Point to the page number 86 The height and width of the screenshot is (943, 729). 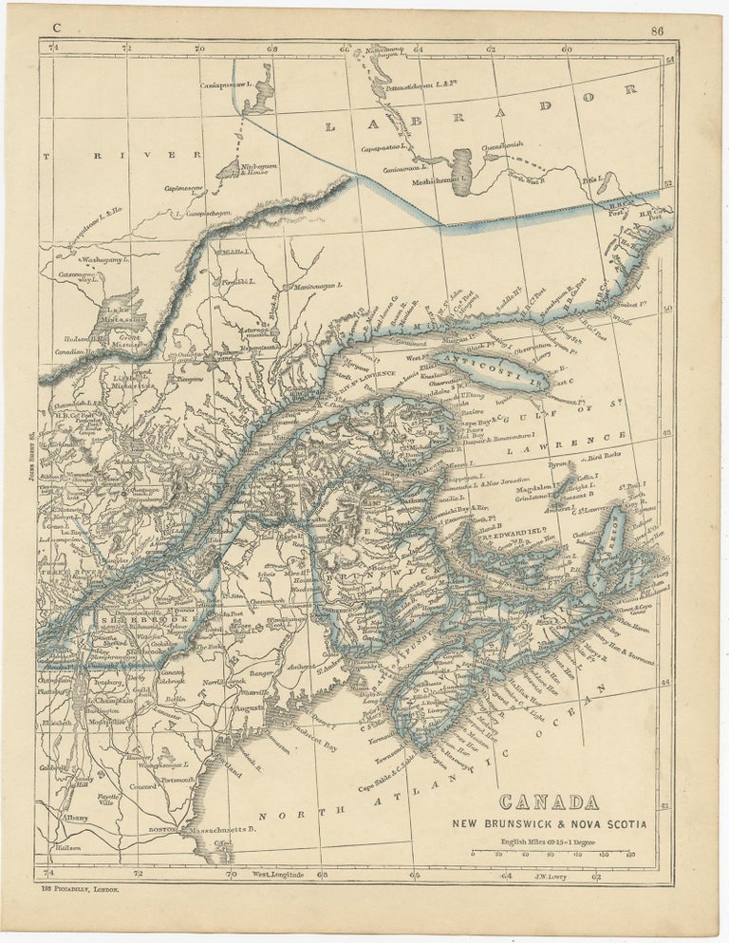click(657, 30)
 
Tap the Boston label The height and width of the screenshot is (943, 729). click(164, 828)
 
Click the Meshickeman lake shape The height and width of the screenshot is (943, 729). click(462, 171)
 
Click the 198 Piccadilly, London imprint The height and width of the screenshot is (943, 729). click(80, 892)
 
